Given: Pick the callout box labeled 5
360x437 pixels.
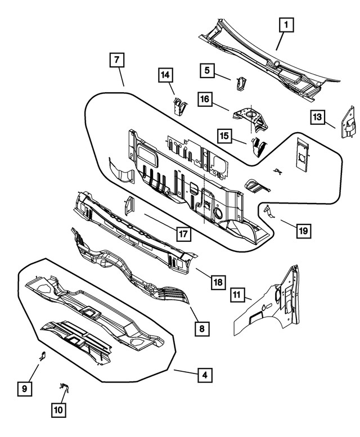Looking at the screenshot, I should [207, 70].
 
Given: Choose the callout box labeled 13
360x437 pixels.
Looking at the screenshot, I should [318, 117].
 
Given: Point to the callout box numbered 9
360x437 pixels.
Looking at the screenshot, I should [24, 388].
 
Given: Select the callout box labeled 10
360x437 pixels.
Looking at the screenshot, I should [58, 411].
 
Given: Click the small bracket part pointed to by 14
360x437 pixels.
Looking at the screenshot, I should [179, 106].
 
